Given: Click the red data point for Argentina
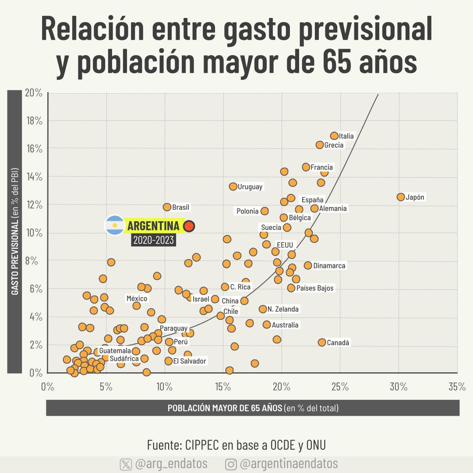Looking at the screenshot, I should point(189,226).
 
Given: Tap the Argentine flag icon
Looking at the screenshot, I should point(115,226).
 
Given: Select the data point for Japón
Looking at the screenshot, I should point(401,197).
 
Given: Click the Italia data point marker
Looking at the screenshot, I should point(334,136).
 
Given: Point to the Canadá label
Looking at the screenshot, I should point(338,342).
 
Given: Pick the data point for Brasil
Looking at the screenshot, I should point(167,207).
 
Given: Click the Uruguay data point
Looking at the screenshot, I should point(233,187).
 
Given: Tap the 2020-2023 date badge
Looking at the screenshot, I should point(153,240).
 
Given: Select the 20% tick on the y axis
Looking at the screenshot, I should point(34,93).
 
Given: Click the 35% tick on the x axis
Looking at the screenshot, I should point(457,387).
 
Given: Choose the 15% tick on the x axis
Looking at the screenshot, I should point(223,387).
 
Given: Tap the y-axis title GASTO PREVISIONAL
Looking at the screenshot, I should point(14,232).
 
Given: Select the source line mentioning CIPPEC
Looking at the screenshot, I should point(236,445).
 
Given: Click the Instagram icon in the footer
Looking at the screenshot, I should point(231,464).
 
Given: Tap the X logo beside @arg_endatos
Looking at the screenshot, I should point(126,464).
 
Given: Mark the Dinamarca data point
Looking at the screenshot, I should point(308,265).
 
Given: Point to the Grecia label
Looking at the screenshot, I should point(334,145).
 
